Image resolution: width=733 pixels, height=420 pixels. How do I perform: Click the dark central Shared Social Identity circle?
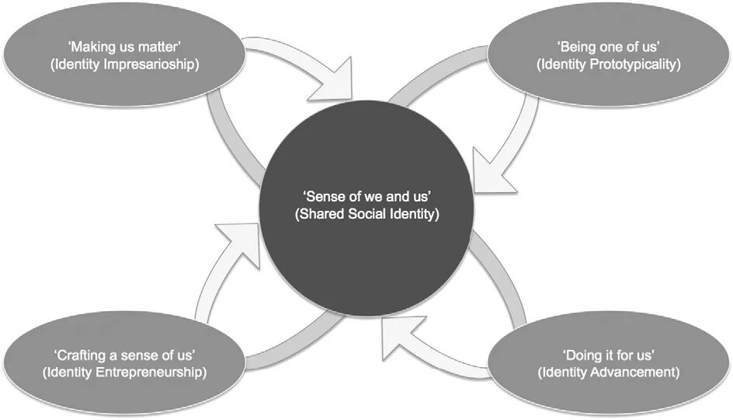coord(367,249)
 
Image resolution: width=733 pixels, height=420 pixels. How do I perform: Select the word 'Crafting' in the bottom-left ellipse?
coord(79,356)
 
